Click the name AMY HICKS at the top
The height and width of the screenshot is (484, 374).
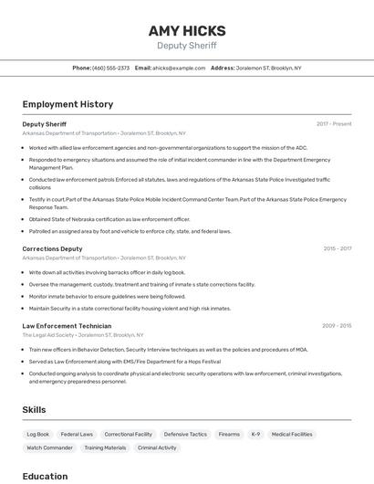187,30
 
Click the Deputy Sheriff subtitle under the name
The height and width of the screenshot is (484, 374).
187,46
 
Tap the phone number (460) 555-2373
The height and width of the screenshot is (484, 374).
111,68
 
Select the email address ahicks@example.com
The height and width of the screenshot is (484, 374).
179,68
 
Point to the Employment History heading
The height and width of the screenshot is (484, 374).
68,104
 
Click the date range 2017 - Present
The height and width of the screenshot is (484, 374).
334,123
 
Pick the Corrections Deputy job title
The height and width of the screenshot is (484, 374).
52,248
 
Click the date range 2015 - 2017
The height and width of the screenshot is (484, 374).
338,248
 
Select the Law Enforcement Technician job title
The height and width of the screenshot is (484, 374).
67,326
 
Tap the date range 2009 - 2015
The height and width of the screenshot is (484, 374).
337,326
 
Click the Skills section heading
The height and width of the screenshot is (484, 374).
34,410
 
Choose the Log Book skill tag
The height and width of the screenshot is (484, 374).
38,435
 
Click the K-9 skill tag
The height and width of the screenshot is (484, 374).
255,435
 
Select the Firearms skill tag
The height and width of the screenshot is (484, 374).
229,435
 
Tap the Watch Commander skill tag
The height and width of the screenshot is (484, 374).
49,448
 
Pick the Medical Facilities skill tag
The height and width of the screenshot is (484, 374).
292,435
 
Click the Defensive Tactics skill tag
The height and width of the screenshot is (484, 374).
185,435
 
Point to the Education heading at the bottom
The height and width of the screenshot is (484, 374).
45,476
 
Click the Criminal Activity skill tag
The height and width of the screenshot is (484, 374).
157,448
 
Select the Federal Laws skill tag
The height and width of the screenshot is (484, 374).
77,435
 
